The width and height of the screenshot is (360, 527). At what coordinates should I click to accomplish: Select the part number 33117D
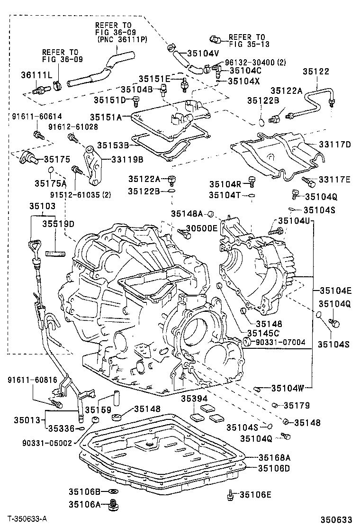pyautogui.click(x=333, y=145)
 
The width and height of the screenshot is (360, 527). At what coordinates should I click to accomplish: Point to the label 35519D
pyautogui.click(x=58, y=223)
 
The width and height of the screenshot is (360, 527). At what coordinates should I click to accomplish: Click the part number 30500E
pyautogui.click(x=201, y=228)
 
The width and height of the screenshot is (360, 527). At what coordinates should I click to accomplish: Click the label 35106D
pyautogui.click(x=274, y=468)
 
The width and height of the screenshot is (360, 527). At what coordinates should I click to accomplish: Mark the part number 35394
pyautogui.click(x=194, y=399)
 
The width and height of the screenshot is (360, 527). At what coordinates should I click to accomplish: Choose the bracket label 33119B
pyautogui.click(x=120, y=160)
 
